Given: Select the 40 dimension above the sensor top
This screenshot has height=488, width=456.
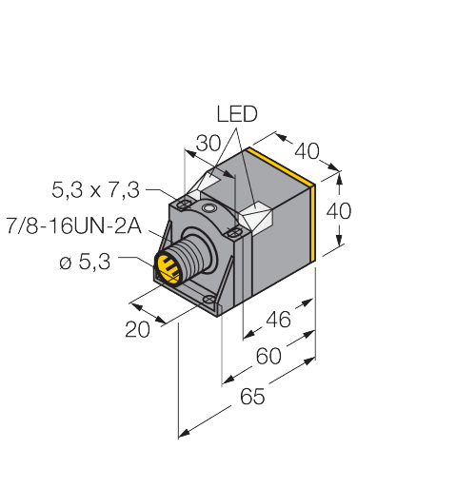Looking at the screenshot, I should pyautogui.click(x=306, y=151).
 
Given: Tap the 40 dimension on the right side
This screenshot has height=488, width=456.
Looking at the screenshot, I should pyautogui.click(x=339, y=211).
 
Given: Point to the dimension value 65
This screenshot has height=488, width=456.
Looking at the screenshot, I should pyautogui.click(x=251, y=399).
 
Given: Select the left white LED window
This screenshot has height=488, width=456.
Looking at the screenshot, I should pyautogui.click(x=207, y=184).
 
